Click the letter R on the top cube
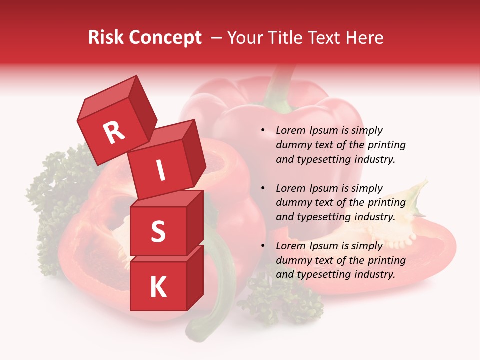[x=114, y=133]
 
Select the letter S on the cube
[x=158, y=232]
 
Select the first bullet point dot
[x=263, y=131]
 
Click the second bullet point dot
[x=263, y=189]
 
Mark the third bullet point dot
[x=263, y=246]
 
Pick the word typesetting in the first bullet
[x=325, y=160]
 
